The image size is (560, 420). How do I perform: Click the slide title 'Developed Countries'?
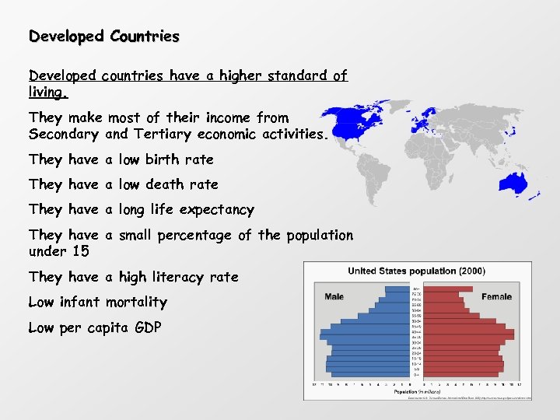tap(103, 37)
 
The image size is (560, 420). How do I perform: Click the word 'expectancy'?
tap(216, 210)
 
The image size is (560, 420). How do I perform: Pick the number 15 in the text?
tap(81, 251)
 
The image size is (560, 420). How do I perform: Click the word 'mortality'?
tap(136, 302)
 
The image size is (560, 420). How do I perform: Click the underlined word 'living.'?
tap(48, 93)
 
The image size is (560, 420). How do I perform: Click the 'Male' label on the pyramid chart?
tap(334, 296)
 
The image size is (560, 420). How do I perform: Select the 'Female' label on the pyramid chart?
tap(496, 296)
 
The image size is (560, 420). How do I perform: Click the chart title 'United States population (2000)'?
tap(416, 271)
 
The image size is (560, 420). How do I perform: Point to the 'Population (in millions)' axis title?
tap(417, 390)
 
